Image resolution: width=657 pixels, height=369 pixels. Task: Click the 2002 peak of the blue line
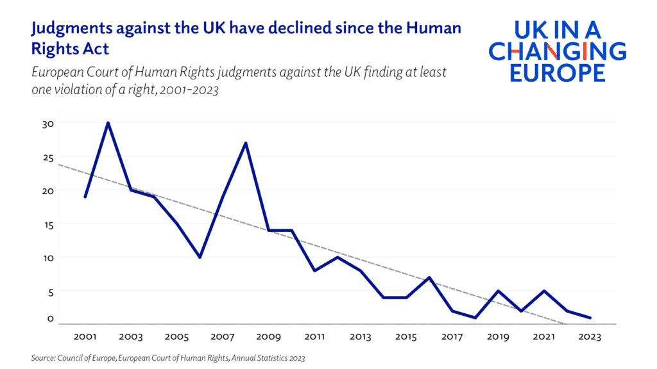coord(108,123)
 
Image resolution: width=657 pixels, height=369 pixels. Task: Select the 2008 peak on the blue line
coord(246,143)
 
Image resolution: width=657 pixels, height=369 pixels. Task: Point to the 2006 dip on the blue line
coord(200,257)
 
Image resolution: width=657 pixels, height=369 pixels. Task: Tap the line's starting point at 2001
coord(85,197)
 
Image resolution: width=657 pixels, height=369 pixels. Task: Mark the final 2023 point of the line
coord(590,318)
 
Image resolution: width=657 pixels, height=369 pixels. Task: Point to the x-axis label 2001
coord(85,337)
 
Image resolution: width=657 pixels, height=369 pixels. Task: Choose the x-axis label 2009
coord(269,337)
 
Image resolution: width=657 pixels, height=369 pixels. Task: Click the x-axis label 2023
coord(590,337)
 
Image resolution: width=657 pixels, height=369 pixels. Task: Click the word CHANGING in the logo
coord(558,51)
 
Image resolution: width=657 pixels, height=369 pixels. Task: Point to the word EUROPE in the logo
coord(558,72)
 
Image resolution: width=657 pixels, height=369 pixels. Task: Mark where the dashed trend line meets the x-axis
coord(564,324)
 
